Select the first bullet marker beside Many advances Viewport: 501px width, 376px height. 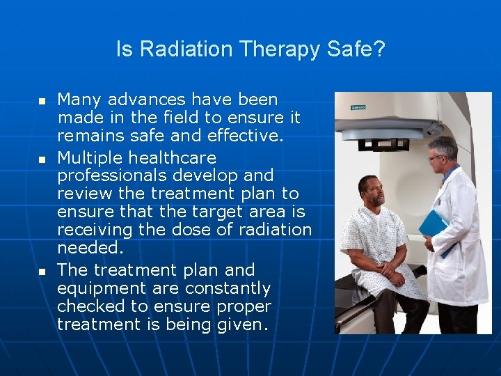point(42,102)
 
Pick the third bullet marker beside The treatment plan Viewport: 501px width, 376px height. point(42,271)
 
